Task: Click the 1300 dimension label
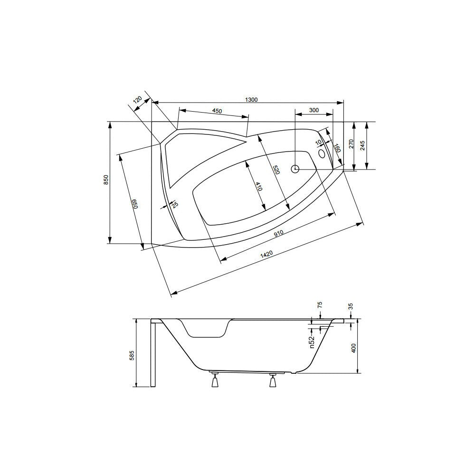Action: pyautogui.click(x=251, y=100)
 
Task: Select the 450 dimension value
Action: pyautogui.click(x=217, y=111)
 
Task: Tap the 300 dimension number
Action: pyautogui.click(x=314, y=110)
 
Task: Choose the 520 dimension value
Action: pyautogui.click(x=275, y=170)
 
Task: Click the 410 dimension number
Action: pyautogui.click(x=258, y=186)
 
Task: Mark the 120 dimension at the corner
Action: pyautogui.click(x=138, y=100)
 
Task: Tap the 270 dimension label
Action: pyautogui.click(x=351, y=143)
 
